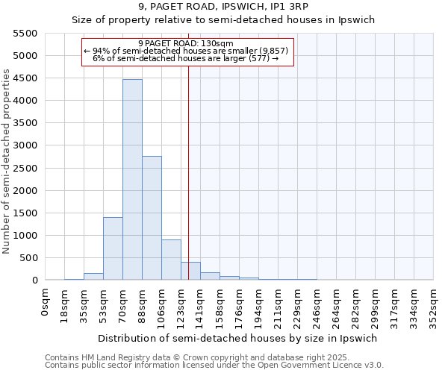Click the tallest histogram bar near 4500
coord(132,179)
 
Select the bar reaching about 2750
coord(152,218)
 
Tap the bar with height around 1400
coord(113,248)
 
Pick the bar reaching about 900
coord(171,260)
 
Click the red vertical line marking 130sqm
coord(188,172)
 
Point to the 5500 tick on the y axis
coord(25,34)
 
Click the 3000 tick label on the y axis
coord(25,145)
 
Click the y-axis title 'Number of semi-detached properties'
coord(7,161)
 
